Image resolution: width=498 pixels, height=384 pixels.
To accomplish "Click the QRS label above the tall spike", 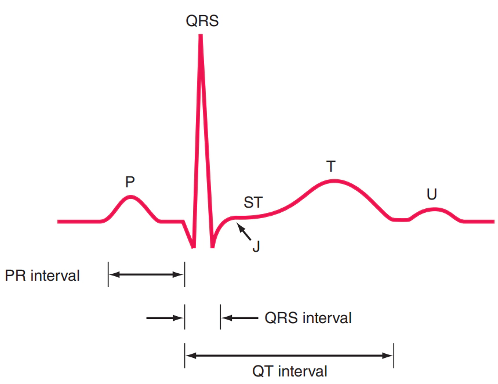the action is [x=202, y=21].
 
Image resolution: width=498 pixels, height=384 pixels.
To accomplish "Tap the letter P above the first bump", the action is [x=130, y=182].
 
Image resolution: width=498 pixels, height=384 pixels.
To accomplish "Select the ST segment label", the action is [x=253, y=202].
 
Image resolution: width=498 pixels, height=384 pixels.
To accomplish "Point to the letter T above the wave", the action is [x=331, y=166].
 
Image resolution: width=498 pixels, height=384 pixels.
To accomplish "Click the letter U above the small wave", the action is [x=432, y=194].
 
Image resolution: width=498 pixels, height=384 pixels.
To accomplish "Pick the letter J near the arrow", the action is [x=256, y=247].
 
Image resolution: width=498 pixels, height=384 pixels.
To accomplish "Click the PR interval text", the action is [x=42, y=276].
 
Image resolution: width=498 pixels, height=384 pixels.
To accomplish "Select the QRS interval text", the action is [x=308, y=318].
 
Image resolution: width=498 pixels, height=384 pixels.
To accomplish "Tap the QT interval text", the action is [x=290, y=371].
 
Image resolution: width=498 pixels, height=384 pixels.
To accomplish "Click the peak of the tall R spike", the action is [x=201, y=35].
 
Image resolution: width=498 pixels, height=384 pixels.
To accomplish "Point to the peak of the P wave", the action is [x=130, y=197].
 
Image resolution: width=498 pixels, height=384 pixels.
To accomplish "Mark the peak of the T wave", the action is [x=334, y=182].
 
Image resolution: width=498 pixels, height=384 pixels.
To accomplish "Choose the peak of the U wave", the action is [x=434, y=209].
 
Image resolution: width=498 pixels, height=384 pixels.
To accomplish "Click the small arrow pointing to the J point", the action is [x=243, y=231].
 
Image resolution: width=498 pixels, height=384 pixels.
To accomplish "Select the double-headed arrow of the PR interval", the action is [x=146, y=274].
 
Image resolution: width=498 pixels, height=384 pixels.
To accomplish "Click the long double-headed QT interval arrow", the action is [x=289, y=356].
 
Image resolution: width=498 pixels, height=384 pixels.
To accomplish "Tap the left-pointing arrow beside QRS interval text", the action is [x=240, y=318].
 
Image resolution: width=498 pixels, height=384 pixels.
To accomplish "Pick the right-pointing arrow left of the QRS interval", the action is [x=165, y=318].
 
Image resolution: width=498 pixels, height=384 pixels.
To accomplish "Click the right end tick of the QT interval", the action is [x=394, y=356].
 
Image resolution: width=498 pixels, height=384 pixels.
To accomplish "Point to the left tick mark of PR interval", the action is [x=108, y=274].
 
